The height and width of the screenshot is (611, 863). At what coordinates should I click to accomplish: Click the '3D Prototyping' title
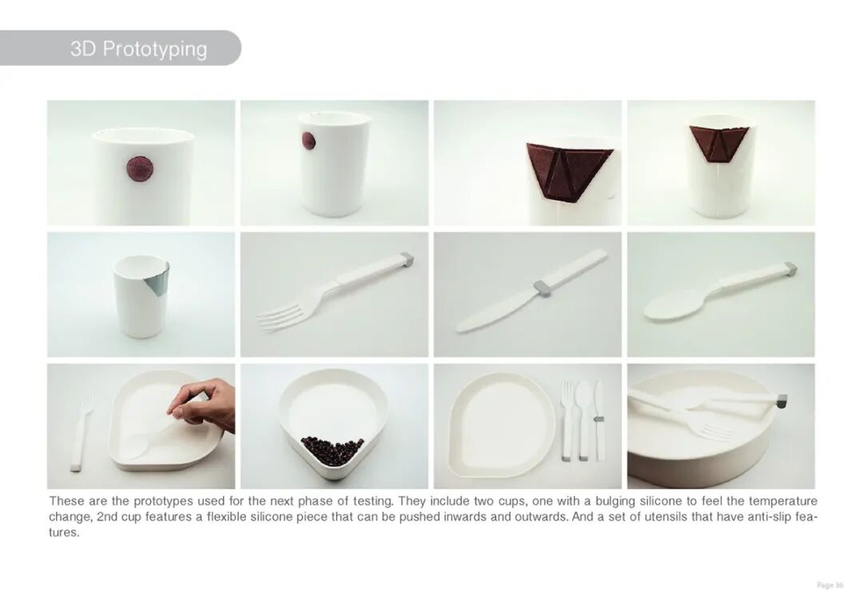coord(139,49)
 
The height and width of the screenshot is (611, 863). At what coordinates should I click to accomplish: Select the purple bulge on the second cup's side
coord(308,141)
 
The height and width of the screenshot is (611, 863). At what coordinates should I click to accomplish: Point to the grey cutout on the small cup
coord(158,283)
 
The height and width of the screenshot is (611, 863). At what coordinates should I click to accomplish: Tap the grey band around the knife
coord(542,286)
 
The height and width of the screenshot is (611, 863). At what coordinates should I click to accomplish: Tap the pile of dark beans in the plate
coord(332,449)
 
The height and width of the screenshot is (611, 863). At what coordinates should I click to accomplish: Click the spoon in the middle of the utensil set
coord(583,419)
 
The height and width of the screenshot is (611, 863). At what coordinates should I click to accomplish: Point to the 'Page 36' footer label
coord(829,585)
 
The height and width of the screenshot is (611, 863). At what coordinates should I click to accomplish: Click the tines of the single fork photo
coord(280,319)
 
